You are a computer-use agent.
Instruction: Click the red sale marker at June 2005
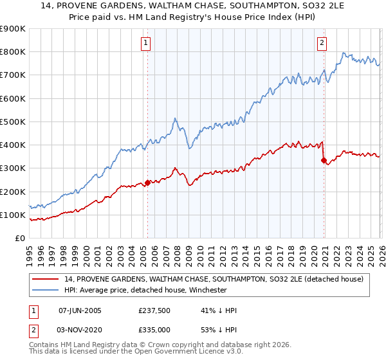147,183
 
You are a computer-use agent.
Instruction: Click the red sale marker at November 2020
323,160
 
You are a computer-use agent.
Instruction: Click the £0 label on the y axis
19,238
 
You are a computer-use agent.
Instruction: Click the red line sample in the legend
46,279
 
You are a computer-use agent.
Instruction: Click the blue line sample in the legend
46,290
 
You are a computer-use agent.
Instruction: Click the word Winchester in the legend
205,290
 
